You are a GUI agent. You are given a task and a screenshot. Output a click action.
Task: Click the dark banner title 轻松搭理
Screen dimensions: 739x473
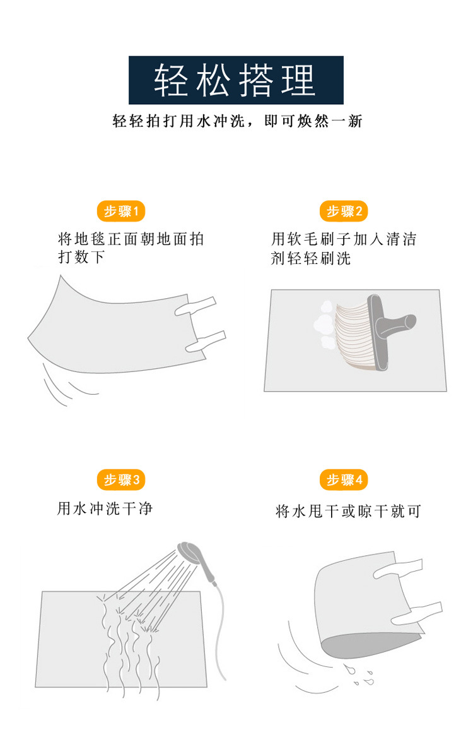(236, 80)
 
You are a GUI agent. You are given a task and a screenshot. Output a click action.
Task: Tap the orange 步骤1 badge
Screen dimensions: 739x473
(120, 211)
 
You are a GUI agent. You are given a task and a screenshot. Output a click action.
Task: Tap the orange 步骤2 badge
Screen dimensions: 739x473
(344, 211)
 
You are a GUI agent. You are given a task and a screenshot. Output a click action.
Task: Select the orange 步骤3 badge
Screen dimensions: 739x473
(120, 480)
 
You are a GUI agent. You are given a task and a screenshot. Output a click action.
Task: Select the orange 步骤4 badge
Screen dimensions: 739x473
(344, 480)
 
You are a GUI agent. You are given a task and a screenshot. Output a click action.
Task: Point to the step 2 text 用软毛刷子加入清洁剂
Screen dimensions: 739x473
(344, 248)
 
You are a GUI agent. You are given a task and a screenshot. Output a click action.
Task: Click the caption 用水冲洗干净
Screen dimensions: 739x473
(105, 508)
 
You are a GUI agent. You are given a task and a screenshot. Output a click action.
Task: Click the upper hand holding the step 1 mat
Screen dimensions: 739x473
(196, 305)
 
